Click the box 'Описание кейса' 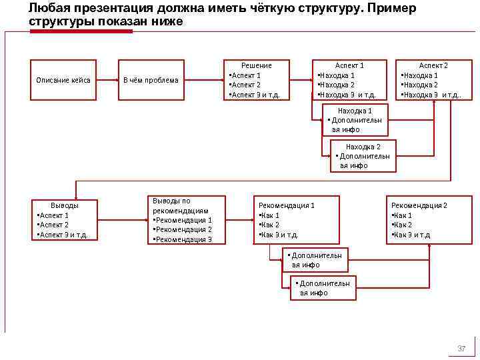[x=64, y=81]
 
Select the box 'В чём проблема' [x=151, y=81]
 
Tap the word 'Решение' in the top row [x=256, y=65]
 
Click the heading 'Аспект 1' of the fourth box [x=349, y=65]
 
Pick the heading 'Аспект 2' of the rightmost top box [x=433, y=65]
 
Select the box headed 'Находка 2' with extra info [x=363, y=156]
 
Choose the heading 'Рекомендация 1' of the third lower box [x=286, y=205]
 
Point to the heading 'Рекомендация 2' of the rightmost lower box [x=419, y=205]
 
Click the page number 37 [x=461, y=349]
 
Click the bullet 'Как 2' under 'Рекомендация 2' [x=403, y=225]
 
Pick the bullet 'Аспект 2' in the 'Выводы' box [x=59, y=225]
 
